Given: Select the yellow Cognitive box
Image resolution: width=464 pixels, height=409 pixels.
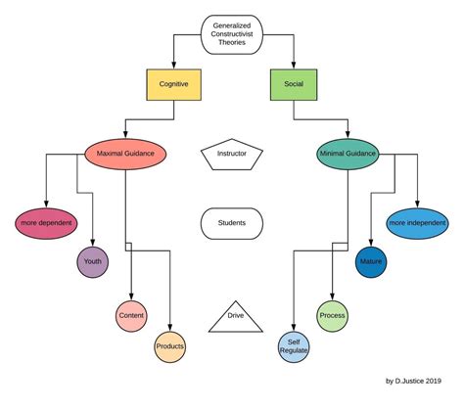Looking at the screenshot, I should pyautogui.click(x=173, y=85).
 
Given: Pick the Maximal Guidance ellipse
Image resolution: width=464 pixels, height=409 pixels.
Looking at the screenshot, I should pyautogui.click(x=125, y=154).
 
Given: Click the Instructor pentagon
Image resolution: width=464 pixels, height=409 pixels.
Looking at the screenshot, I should pyautogui.click(x=231, y=155).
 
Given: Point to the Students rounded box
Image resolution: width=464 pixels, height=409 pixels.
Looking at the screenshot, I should pyautogui.click(x=231, y=223).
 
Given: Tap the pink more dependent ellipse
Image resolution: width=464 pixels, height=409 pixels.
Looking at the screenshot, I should pyautogui.click(x=47, y=222).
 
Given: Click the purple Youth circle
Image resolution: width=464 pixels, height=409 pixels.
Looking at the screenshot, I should pyautogui.click(x=93, y=262).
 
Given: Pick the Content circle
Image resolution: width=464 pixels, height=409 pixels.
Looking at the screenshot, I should pyautogui.click(x=131, y=315).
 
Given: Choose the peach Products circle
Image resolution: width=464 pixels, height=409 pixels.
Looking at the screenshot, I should pyautogui.click(x=169, y=346).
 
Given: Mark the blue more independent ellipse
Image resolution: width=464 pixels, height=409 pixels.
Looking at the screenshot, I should pyautogui.click(x=418, y=222).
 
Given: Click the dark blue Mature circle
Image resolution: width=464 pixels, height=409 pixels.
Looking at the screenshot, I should pyautogui.click(x=371, y=262).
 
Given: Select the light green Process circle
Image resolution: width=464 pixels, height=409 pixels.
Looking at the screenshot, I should pyautogui.click(x=333, y=315).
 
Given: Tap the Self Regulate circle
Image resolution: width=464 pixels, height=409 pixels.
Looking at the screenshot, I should pyautogui.click(x=294, y=346).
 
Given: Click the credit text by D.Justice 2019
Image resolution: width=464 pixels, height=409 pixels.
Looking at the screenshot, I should pyautogui.click(x=412, y=381).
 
